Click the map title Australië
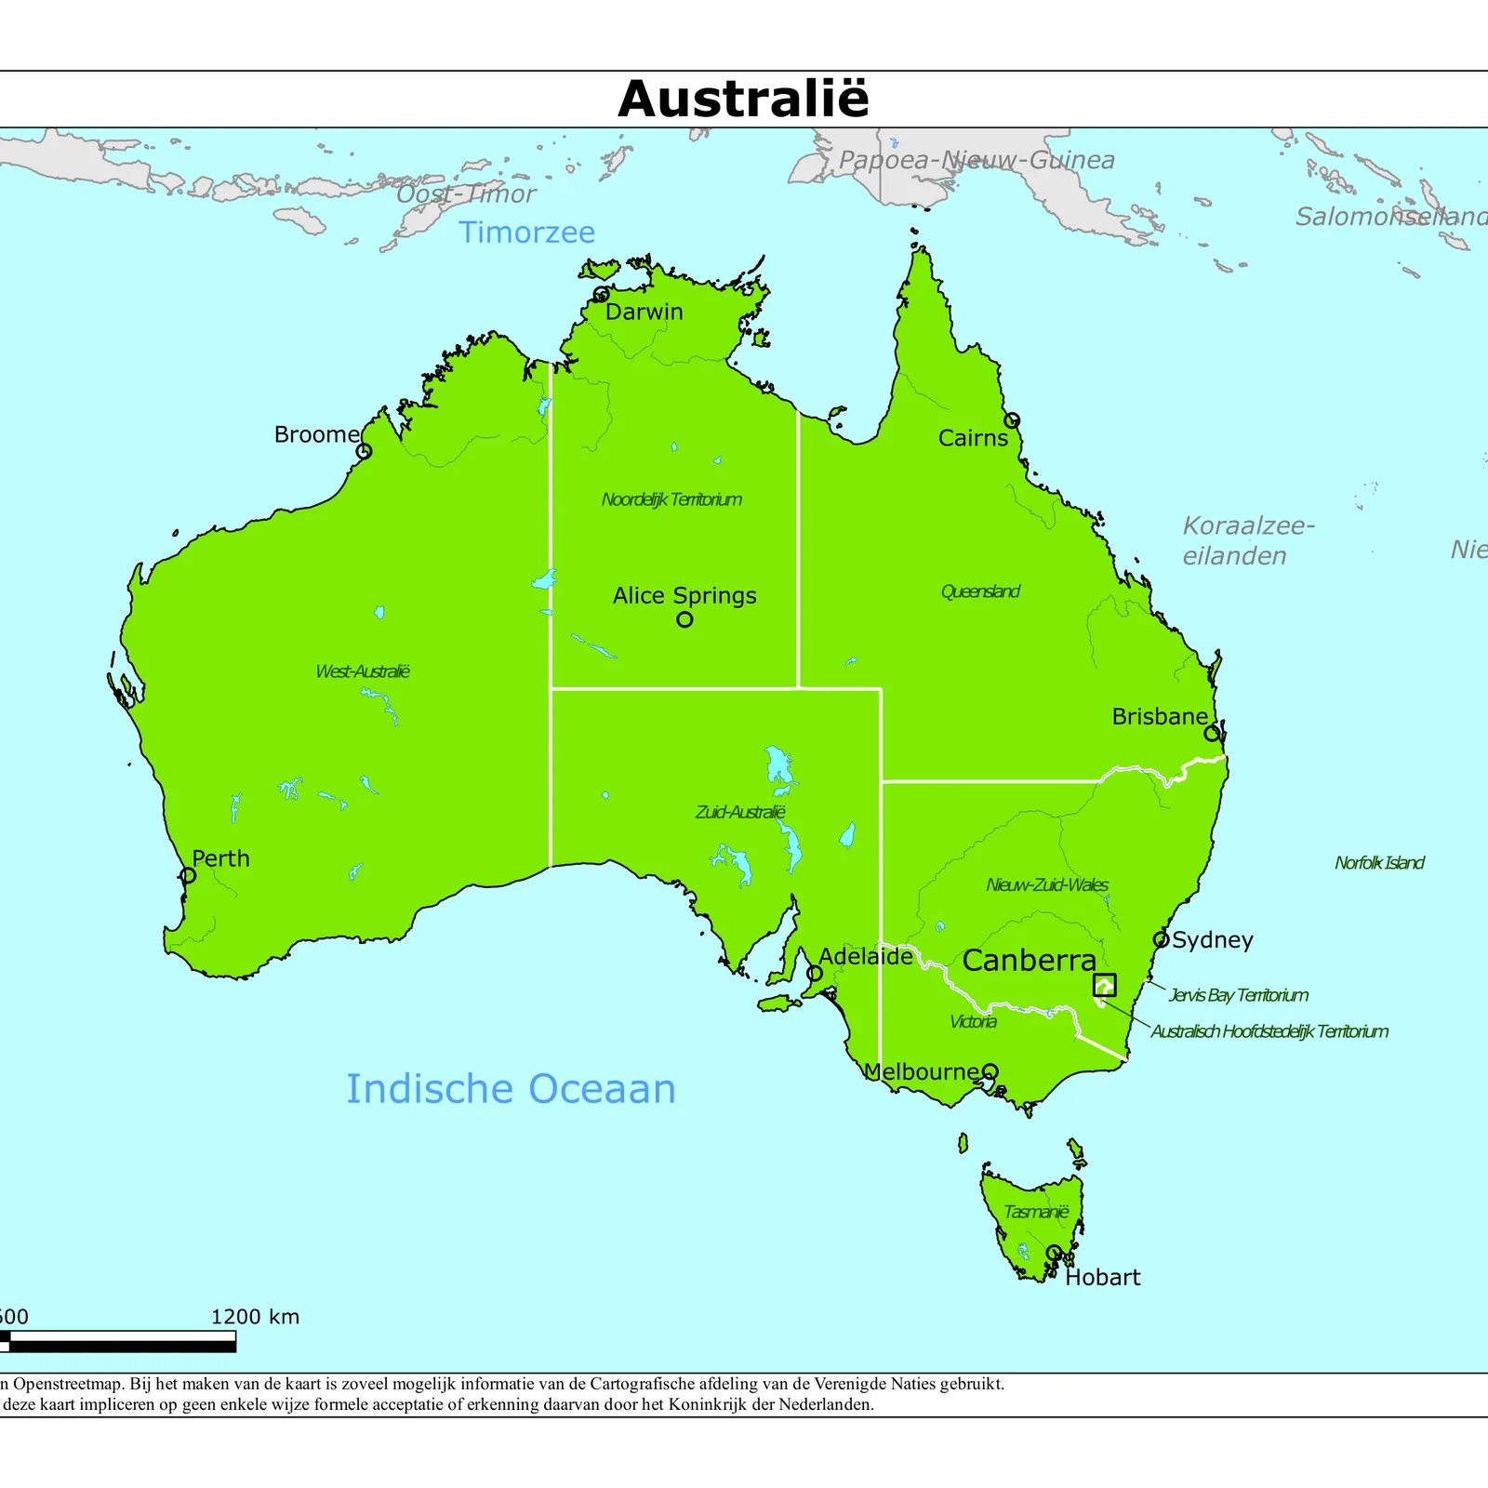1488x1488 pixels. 743,100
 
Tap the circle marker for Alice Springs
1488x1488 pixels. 684,619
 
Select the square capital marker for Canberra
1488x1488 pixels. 1104,985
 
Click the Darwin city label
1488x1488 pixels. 644,312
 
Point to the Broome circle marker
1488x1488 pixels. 365,451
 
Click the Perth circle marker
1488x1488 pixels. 189,875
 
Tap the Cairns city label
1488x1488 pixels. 972,438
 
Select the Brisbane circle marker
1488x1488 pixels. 1212,733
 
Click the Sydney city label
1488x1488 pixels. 1213,940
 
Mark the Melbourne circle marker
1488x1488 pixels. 990,1071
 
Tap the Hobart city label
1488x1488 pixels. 1102,1278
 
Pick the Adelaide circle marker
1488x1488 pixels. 815,974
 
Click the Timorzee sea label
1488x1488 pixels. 526,232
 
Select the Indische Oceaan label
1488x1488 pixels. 511,1089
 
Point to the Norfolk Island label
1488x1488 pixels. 1379,863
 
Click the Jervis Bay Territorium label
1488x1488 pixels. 1238,995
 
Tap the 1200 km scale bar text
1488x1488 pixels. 255,1317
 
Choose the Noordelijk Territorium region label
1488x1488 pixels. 671,499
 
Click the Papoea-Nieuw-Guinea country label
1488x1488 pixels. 976,161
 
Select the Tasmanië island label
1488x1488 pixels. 1036,1212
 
